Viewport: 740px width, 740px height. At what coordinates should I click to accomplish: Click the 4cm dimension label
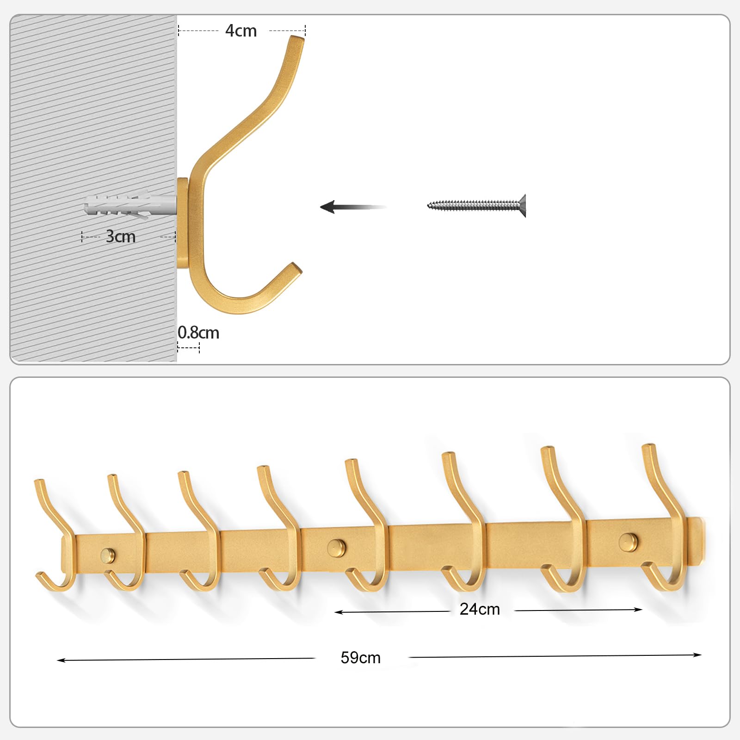coord(241,31)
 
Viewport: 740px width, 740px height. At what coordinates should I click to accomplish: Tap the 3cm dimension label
coord(121,236)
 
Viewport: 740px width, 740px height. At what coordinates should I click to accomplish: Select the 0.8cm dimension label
coord(198,333)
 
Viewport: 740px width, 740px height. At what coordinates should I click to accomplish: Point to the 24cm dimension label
coord(480,609)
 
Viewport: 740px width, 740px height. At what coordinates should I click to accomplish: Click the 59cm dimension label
coord(361,658)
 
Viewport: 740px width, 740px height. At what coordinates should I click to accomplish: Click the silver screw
coord(477,205)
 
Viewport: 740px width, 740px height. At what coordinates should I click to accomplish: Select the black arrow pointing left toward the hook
coord(353,207)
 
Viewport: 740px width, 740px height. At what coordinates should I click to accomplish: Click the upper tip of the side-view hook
coord(297,38)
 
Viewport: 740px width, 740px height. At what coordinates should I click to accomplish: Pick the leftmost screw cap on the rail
coord(108,555)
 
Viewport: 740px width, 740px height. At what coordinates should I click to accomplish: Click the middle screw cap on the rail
coord(336,548)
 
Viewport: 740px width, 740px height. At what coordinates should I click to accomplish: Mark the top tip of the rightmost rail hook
coord(648,446)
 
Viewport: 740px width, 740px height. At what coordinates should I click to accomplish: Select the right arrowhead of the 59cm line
coord(698,654)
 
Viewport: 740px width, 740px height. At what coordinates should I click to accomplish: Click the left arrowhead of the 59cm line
coord(61,660)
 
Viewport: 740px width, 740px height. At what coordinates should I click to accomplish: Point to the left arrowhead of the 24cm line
coord(339,612)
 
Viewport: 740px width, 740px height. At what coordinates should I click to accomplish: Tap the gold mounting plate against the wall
coord(183,223)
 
